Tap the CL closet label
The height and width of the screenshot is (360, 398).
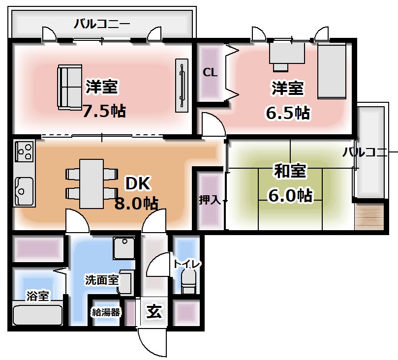point(210,73)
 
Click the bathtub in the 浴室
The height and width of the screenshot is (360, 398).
point(37,314)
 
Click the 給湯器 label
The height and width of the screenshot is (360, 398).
point(105,312)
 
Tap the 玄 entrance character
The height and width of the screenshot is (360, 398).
point(154,311)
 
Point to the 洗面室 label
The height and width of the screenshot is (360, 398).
point(101,280)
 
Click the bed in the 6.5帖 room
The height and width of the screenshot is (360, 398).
point(332,70)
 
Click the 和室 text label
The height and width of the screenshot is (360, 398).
point(290,171)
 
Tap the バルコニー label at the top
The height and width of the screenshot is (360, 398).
point(102,23)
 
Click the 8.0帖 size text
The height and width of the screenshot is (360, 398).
point(136,203)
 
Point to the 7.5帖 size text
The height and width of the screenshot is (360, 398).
point(104,111)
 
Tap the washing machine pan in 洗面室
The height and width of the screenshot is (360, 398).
point(123,248)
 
